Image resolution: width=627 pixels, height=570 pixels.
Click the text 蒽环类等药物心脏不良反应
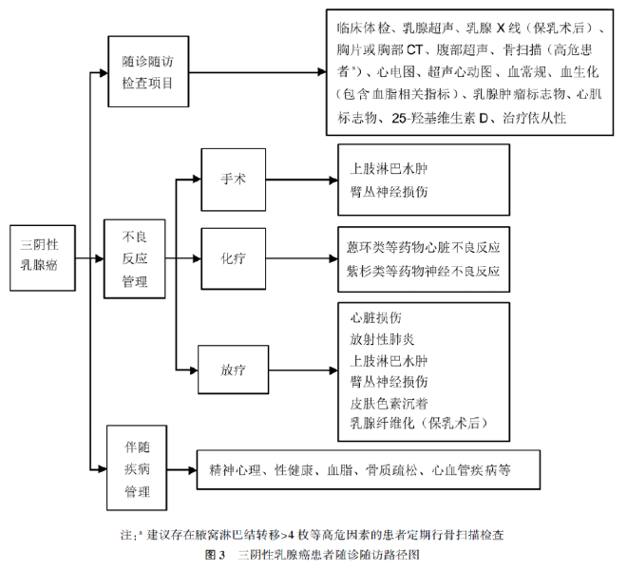(425, 246)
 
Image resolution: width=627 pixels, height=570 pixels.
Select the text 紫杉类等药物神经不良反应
(425, 269)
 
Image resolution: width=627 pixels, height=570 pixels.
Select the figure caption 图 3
(215, 554)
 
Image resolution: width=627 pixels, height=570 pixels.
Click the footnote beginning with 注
(313, 535)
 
